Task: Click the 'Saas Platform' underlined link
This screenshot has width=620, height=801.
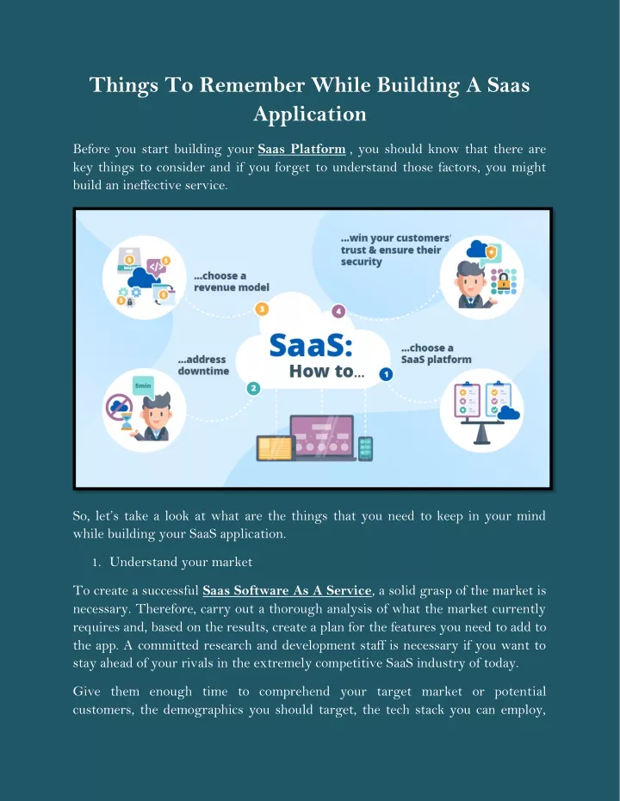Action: point(301,149)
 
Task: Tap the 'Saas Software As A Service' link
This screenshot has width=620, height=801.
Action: point(288,590)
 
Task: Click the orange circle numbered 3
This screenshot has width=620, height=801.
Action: point(262,309)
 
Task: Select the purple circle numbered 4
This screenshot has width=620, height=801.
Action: point(338,311)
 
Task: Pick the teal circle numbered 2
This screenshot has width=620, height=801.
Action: point(253,388)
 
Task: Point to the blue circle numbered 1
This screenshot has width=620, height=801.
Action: point(386,374)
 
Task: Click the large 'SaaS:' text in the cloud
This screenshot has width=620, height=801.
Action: point(311,345)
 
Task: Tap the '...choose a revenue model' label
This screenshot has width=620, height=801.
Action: point(232,281)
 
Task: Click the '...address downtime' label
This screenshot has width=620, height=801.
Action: point(203,366)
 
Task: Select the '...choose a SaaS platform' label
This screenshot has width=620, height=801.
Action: point(436,354)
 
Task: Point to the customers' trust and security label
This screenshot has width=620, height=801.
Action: point(395,250)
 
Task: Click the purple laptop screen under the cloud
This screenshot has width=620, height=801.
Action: point(321,434)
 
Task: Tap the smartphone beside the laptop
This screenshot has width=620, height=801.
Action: point(365,448)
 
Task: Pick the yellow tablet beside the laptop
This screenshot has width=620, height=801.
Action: point(275,448)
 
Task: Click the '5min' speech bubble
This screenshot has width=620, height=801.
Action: point(143,385)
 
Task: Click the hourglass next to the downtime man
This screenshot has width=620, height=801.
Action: point(127,422)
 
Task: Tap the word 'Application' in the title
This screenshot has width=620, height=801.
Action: point(310,114)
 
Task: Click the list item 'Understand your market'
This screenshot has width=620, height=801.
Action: point(181,562)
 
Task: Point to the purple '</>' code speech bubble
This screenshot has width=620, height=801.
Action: point(156,267)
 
